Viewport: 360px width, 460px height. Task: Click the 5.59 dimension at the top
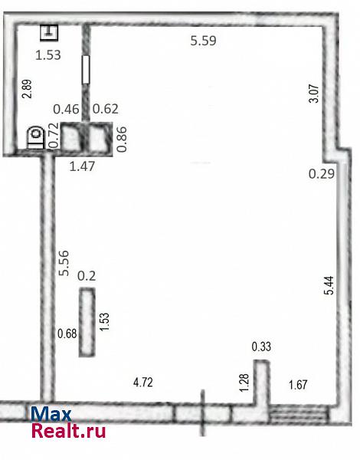[203, 41]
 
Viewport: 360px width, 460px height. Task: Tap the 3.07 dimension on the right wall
[314, 94]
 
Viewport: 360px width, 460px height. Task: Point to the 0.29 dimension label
[321, 174]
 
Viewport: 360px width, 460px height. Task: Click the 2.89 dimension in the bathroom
[28, 89]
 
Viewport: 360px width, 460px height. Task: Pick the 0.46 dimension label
[66, 109]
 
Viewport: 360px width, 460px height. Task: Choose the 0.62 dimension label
[106, 109]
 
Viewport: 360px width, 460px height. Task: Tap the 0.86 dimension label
[122, 140]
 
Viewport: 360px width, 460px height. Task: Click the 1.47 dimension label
[82, 166]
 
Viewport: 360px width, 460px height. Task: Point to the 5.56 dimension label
[64, 263]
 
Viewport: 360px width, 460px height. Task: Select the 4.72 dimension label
[143, 383]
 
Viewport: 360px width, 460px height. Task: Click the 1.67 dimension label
[298, 385]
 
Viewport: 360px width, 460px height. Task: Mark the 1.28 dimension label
[244, 383]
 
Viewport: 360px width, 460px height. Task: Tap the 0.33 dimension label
[261, 347]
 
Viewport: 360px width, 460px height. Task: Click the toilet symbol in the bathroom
[35, 137]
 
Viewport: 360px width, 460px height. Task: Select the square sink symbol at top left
[49, 32]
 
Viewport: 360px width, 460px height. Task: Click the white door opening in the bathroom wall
[86, 70]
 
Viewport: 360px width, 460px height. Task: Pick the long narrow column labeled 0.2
[87, 322]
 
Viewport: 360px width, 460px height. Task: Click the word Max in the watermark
[51, 414]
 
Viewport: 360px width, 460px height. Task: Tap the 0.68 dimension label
[67, 333]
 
